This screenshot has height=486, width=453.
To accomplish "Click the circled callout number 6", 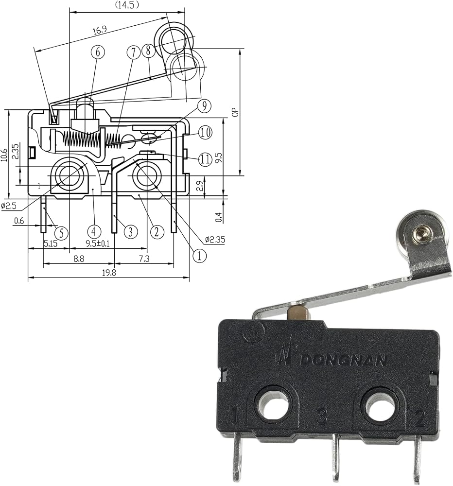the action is [x=98, y=52].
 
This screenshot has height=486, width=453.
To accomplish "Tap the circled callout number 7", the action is [x=134, y=52].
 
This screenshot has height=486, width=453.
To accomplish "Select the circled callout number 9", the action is [x=204, y=106].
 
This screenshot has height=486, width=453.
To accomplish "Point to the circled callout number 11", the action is [x=205, y=159].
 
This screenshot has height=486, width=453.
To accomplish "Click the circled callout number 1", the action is [x=199, y=256].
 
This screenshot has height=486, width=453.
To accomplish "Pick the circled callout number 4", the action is [x=94, y=231].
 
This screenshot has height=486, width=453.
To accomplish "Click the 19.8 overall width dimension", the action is [x=109, y=273].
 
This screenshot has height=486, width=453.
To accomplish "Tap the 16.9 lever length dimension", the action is [x=99, y=30].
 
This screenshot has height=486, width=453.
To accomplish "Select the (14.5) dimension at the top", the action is [x=127, y=5].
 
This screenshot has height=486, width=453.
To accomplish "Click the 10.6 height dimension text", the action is [x=4, y=155].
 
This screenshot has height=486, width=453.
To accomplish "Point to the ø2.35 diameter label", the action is [x=215, y=239].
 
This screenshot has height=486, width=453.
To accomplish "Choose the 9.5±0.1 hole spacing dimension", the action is [x=98, y=243].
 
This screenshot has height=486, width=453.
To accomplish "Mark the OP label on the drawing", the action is [x=235, y=112].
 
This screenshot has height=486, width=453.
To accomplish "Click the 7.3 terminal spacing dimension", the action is [x=144, y=259].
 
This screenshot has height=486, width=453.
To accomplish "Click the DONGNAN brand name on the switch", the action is [x=344, y=360].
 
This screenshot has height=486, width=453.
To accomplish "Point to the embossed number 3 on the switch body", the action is [x=322, y=417].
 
